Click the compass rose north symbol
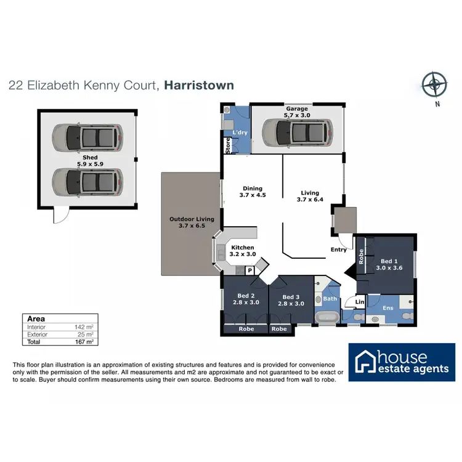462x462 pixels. (436, 83)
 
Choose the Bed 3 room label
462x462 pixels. (291, 299)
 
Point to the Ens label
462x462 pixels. (387, 307)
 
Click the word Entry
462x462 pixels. (339, 249)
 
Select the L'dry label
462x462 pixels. (239, 134)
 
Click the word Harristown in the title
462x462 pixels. (199, 85)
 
